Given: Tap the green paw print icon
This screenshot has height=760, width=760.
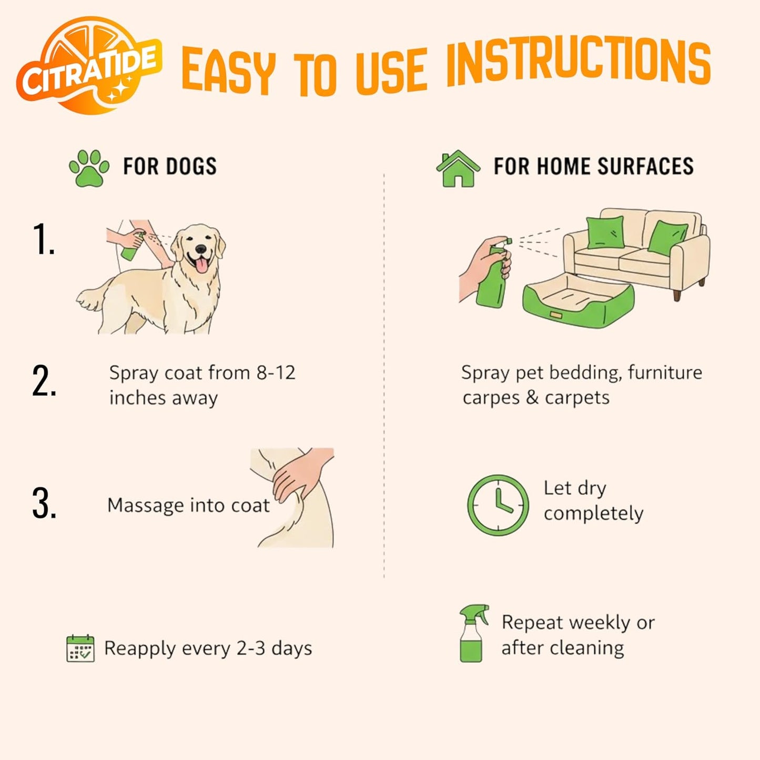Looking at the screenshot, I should click(x=89, y=168).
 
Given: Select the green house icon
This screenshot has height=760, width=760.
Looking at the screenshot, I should click(x=458, y=169).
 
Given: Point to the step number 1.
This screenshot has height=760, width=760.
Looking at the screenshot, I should click(x=43, y=239).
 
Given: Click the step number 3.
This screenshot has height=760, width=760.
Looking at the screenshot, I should click(x=44, y=504).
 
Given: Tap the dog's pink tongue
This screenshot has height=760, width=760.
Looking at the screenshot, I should click(x=201, y=266).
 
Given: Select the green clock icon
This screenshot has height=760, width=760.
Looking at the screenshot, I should click(x=498, y=505).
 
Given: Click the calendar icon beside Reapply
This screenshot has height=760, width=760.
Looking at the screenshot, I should click(x=80, y=648).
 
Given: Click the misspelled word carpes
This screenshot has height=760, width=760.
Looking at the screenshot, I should click(x=491, y=398).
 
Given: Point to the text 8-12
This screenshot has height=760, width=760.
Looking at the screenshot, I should click(x=276, y=373).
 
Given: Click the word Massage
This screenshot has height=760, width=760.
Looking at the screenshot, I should click(x=146, y=505).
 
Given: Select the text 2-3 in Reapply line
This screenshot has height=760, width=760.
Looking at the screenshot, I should click(x=251, y=648).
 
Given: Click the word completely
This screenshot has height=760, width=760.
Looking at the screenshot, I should click(x=593, y=513).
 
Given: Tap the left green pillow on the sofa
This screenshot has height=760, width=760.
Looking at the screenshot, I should click(x=605, y=232).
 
